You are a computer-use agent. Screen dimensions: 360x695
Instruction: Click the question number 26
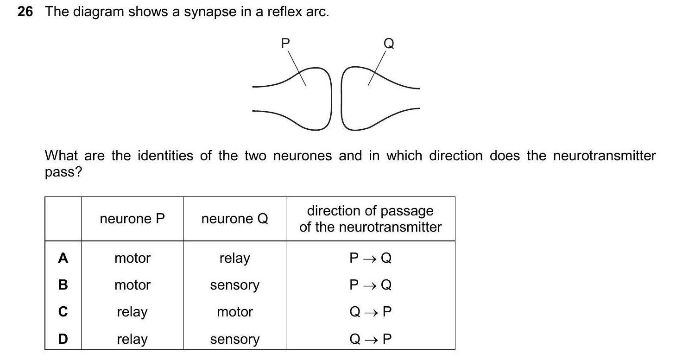point(25,12)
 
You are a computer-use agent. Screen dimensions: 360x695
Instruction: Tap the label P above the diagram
point(285,44)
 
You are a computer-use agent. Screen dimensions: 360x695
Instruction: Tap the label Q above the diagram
point(389,44)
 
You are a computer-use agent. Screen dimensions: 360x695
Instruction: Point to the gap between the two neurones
point(337,98)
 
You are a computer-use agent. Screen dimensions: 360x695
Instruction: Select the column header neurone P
point(132,219)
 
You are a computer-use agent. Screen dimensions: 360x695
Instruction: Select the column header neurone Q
point(234,219)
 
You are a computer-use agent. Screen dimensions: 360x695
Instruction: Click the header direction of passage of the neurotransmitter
point(370,219)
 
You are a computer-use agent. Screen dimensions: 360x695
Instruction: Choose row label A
point(63,258)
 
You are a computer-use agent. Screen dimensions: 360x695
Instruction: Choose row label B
point(63,285)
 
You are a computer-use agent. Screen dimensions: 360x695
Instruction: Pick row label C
point(63,312)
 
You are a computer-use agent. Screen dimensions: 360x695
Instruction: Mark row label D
point(63,339)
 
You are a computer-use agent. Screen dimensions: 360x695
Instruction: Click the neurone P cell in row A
point(132,258)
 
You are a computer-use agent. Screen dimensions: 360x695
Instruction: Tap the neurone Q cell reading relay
point(234,258)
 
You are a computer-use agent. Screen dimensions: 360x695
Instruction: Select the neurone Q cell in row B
point(234,285)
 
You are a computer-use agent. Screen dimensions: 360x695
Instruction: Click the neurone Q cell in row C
point(234,312)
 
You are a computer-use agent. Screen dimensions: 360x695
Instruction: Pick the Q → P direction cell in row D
point(370,339)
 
